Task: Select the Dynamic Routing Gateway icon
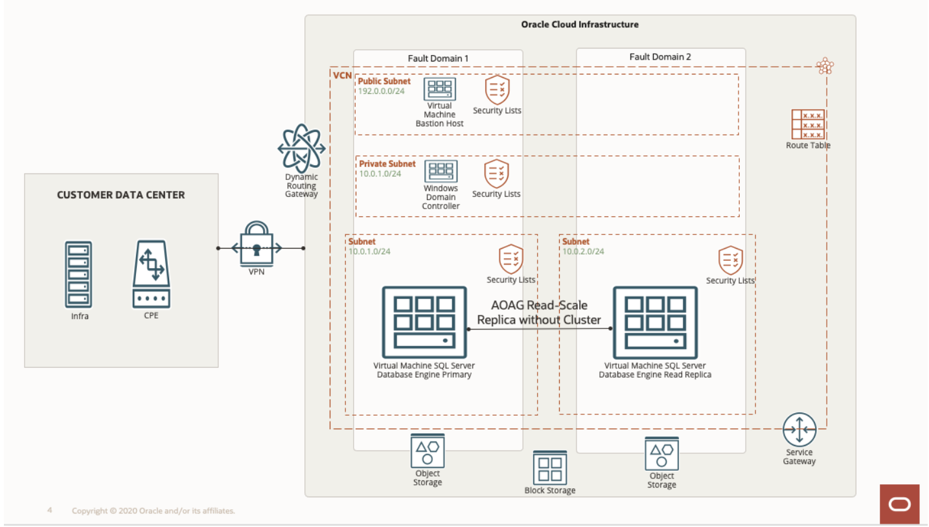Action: [301, 148]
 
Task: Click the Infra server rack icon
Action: [78, 275]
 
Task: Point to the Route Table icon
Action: [808, 124]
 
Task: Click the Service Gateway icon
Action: [799, 429]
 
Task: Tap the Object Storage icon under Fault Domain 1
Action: [428, 451]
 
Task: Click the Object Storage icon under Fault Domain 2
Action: [661, 454]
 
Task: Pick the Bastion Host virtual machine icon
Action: [440, 89]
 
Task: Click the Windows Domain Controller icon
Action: [441, 172]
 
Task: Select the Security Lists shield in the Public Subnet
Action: [498, 89]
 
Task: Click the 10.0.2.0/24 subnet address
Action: [583, 251]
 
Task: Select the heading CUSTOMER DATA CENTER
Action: [120, 195]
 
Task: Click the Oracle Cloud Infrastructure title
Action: [580, 25]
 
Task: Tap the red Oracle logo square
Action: [899, 504]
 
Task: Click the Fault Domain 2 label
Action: [660, 57]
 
